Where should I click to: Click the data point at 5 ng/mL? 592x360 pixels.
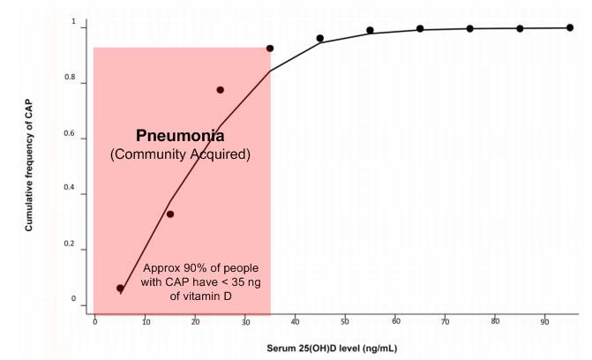120,289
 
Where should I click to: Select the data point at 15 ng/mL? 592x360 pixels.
170,214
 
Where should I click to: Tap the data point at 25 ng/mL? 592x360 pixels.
220,90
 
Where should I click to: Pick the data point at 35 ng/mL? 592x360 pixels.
270,49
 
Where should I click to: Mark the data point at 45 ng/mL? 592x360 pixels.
320,39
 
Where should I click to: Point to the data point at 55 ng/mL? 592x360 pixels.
370,30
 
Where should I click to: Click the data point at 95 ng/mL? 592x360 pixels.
570,28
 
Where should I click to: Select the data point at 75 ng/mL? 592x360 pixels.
470,28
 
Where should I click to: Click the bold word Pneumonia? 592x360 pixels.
180,137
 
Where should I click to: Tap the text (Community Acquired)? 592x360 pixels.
180,155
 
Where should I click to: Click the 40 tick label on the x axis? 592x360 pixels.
295,321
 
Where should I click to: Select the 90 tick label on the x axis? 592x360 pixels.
544,321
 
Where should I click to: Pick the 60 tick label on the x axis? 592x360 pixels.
395,321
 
